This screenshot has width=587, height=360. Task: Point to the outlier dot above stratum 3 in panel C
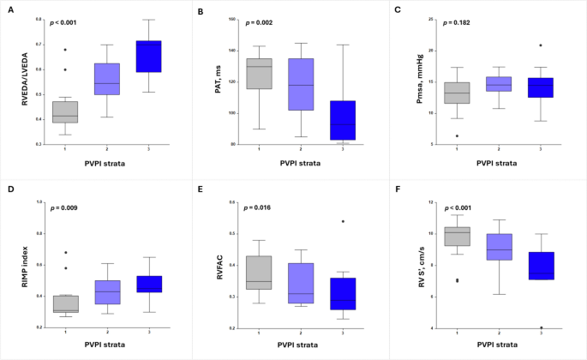(x=541, y=45)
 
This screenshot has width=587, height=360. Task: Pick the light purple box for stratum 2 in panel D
(x=107, y=291)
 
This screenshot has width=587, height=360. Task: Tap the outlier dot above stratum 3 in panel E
(x=344, y=221)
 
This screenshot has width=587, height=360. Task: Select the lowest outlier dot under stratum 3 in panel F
(x=541, y=327)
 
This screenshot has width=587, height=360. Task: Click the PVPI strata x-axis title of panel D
(x=107, y=348)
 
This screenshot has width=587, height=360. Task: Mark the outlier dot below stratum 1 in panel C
(x=456, y=135)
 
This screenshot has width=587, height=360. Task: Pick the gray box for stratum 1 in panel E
(x=258, y=273)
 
